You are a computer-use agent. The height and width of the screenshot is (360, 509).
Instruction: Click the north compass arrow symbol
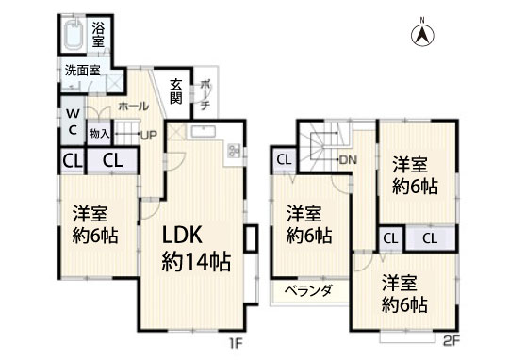(x=423, y=35)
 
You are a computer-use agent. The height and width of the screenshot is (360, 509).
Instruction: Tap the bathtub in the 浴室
(x=74, y=35)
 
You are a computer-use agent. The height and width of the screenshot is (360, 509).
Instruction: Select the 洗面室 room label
(x=82, y=71)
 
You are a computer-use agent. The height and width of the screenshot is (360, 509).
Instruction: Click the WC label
(x=74, y=122)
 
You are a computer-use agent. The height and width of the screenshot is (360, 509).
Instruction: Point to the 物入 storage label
(x=99, y=133)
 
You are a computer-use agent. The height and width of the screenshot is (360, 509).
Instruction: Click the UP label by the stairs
(x=149, y=135)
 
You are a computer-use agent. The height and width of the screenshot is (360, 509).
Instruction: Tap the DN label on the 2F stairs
(x=349, y=159)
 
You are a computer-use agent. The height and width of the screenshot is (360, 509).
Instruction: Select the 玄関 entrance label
(x=176, y=91)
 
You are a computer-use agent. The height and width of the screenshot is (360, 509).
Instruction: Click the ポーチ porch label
(x=205, y=95)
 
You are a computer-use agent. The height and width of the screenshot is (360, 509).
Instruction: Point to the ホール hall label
(x=134, y=106)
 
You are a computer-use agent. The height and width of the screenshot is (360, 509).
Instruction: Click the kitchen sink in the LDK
(x=204, y=132)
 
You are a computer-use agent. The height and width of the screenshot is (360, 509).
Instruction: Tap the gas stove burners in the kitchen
(x=234, y=150)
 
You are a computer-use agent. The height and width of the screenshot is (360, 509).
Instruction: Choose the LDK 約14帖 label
(x=196, y=249)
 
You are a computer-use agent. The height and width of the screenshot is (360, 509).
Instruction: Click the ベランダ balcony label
(x=309, y=289)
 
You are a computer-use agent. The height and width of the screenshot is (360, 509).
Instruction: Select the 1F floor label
(x=236, y=343)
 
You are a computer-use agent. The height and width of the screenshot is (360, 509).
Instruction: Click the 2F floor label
(x=452, y=340)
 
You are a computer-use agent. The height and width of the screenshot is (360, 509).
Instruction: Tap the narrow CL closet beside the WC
(x=72, y=161)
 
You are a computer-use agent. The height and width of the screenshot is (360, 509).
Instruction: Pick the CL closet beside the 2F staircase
(x=284, y=159)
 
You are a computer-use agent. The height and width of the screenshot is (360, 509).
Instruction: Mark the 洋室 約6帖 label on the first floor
(x=95, y=224)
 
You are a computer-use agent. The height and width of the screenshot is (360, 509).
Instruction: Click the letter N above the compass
(x=422, y=20)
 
